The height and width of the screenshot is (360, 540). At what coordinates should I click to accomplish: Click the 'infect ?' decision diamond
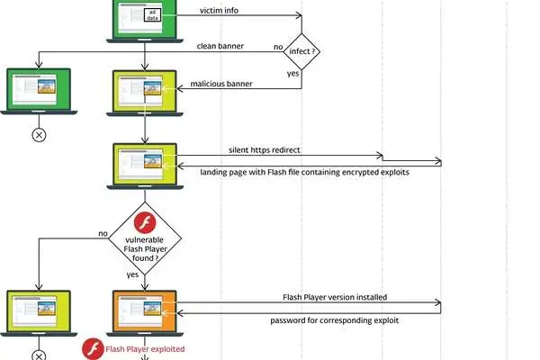[x=301, y=51]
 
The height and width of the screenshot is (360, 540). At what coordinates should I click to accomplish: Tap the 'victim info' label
[x=219, y=10]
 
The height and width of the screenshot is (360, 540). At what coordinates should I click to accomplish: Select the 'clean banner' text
[x=220, y=46]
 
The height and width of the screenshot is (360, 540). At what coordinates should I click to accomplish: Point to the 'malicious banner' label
[x=221, y=84]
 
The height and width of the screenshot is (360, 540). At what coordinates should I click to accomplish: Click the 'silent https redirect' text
[x=264, y=150]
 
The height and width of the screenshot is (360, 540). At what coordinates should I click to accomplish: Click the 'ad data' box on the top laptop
[x=153, y=15]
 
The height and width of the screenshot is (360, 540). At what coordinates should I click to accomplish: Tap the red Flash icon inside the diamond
[x=145, y=223]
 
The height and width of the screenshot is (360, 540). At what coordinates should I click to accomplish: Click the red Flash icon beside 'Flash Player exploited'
[x=93, y=349]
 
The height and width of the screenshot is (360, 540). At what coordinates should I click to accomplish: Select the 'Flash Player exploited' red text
[x=145, y=349]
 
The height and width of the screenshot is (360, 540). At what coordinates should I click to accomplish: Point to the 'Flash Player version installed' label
[x=335, y=297]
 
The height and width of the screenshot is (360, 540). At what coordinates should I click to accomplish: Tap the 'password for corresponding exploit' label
[x=335, y=320]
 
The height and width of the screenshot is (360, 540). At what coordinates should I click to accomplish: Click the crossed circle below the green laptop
[x=39, y=135]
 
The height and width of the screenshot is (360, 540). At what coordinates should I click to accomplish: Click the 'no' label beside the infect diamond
[x=278, y=47]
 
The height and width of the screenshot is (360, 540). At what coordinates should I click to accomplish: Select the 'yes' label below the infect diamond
[x=293, y=74]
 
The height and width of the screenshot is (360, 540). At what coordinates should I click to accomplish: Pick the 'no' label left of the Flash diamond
[x=103, y=234]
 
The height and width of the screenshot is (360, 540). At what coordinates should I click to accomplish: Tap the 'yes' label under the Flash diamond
[x=132, y=274]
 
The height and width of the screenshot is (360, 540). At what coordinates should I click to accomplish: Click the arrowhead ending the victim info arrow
[x=299, y=15]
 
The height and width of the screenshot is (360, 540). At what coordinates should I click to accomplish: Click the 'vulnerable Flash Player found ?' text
[x=145, y=248]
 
